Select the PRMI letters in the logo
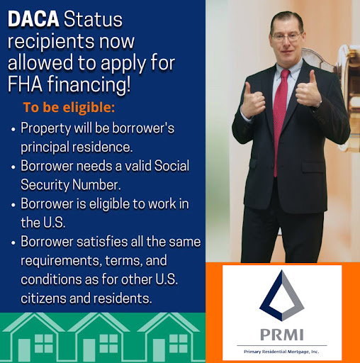click(281, 333)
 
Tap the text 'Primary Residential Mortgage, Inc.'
click(281, 351)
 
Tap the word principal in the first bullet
click(47, 147)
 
